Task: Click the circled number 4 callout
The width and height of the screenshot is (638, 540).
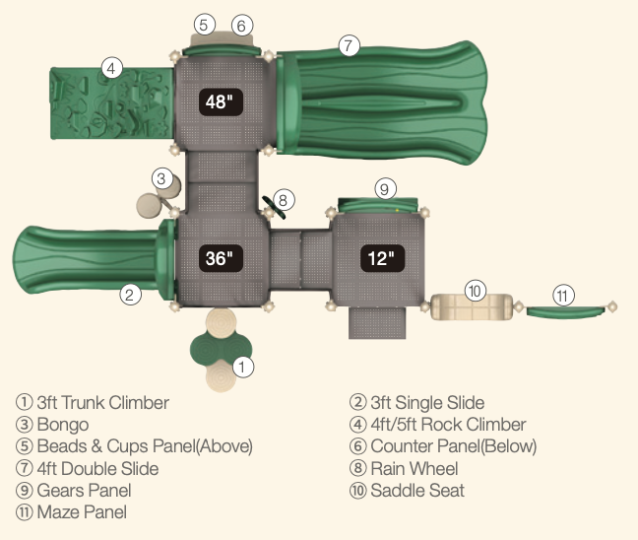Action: point(112,68)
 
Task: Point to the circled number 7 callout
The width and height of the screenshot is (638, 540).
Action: point(350,45)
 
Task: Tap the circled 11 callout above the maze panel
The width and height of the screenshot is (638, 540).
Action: point(562,295)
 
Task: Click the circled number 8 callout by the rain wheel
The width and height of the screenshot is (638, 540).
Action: point(283,201)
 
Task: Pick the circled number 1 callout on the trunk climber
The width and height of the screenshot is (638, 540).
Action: point(242,367)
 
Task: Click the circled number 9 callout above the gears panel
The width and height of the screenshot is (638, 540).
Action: point(385,187)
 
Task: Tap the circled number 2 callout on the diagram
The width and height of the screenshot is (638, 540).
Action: point(129,293)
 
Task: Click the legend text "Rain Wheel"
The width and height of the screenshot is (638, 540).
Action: point(413,468)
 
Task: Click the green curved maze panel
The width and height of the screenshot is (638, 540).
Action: point(566,311)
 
